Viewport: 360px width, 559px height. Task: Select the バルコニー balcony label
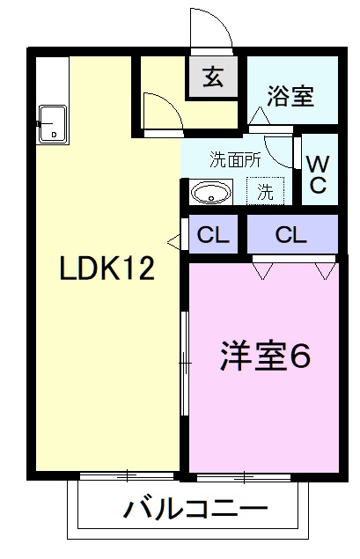(x=195, y=509)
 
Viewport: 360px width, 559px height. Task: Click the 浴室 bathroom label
(x=290, y=96)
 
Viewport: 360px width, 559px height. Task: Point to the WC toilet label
(x=318, y=173)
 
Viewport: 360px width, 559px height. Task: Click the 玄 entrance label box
(x=213, y=77)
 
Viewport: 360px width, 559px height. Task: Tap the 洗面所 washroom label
(x=234, y=160)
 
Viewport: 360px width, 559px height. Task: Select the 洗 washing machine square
(x=265, y=191)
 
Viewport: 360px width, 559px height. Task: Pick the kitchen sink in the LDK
(x=54, y=124)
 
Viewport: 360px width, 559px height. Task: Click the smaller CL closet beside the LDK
(x=212, y=235)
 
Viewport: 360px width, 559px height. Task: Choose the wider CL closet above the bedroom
(x=290, y=235)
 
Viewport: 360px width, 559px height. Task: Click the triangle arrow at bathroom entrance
(x=259, y=115)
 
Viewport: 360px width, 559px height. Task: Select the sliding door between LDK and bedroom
(x=185, y=362)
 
